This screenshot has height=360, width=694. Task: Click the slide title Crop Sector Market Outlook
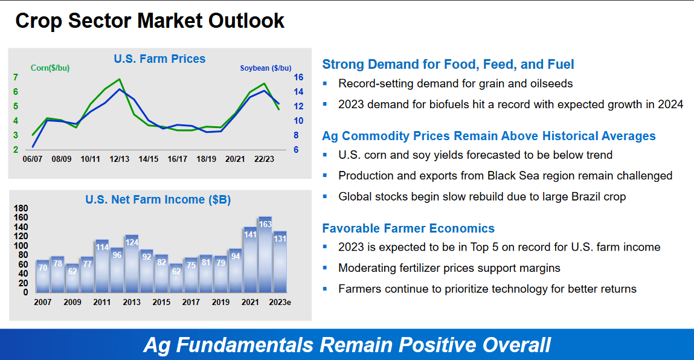click(x=150, y=21)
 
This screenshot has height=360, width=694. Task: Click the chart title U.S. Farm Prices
click(x=159, y=59)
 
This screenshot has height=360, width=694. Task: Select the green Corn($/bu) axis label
click(x=51, y=68)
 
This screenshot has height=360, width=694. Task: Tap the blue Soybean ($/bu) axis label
click(x=265, y=68)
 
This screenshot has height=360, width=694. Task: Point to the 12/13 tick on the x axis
click(x=119, y=159)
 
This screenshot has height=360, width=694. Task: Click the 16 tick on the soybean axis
click(x=298, y=77)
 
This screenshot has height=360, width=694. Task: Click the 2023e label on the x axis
click(x=280, y=302)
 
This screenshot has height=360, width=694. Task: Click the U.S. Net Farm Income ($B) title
click(x=158, y=199)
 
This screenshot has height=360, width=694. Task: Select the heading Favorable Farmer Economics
click(x=408, y=228)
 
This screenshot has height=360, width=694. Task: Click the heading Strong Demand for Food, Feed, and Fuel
click(x=448, y=64)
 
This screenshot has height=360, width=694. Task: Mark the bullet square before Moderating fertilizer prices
click(x=325, y=267)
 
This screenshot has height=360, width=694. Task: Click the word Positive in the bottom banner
click(x=427, y=345)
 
